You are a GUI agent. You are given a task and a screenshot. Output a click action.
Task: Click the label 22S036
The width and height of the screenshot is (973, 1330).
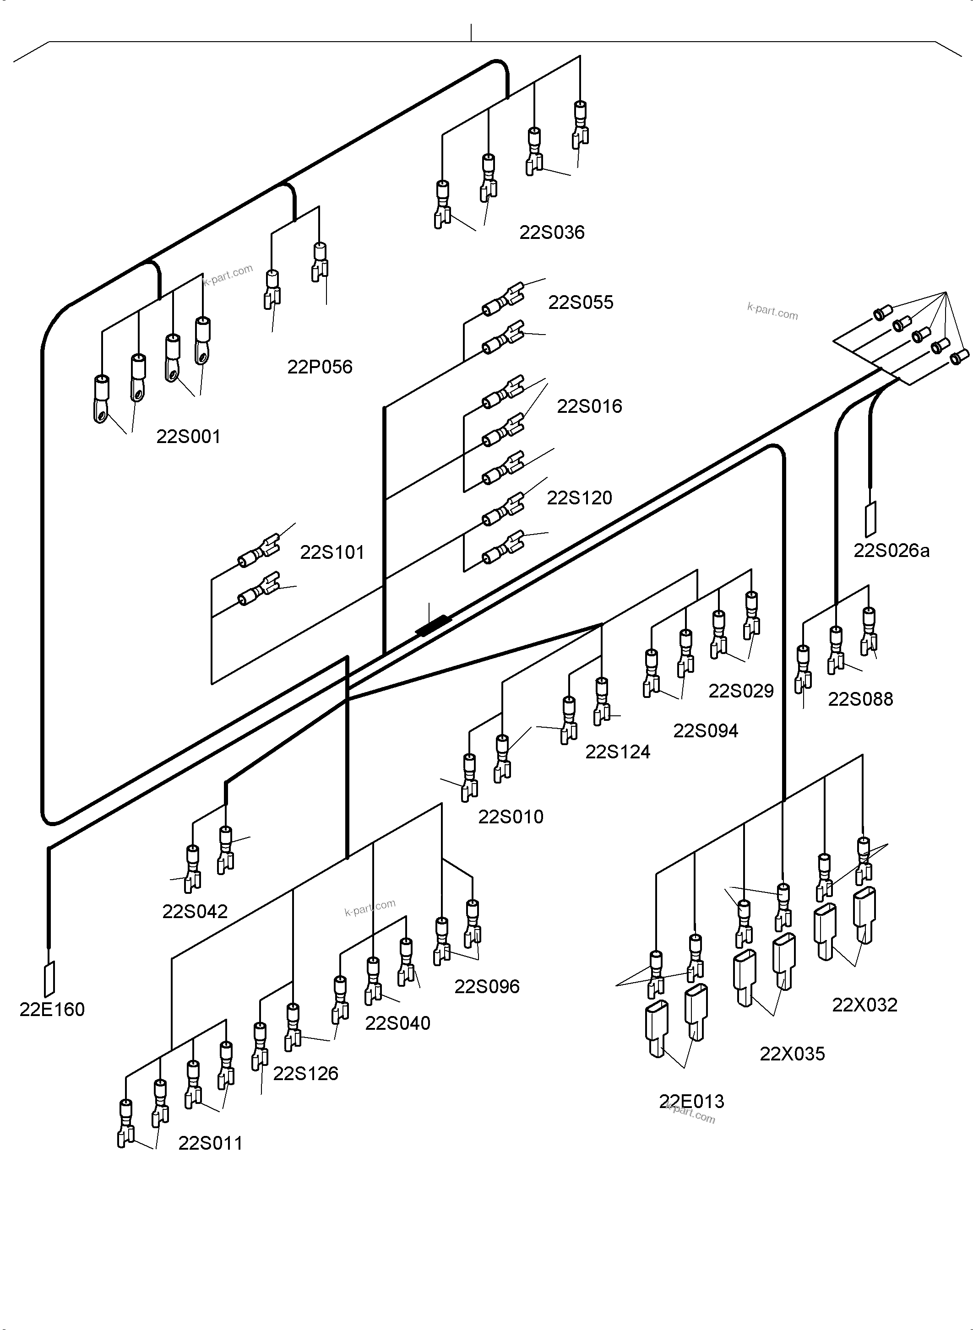[x=552, y=232]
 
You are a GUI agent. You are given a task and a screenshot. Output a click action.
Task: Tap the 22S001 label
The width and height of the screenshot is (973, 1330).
[x=189, y=437]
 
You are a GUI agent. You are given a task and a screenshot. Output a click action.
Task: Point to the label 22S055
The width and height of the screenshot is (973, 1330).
[x=581, y=303]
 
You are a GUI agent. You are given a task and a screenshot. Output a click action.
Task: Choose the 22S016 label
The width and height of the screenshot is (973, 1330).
[x=590, y=406]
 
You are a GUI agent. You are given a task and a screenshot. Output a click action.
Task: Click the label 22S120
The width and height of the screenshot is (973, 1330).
[x=580, y=498]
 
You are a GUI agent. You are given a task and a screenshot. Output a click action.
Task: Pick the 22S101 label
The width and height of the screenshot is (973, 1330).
[x=332, y=553]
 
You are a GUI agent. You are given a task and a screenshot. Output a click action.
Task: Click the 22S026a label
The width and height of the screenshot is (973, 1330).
[x=891, y=551]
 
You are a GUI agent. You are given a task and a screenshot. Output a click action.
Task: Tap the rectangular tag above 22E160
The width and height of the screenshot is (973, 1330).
[x=49, y=979]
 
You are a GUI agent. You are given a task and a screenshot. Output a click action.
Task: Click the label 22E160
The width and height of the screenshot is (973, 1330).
[x=52, y=1010]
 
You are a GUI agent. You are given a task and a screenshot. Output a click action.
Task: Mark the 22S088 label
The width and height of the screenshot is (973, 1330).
[x=860, y=699]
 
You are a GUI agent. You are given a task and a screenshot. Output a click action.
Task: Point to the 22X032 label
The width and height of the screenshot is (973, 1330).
[x=864, y=1005]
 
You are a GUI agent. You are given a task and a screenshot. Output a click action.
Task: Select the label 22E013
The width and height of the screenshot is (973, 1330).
[x=691, y=1102]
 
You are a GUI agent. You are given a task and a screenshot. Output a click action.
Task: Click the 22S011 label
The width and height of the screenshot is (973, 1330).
[x=210, y=1143]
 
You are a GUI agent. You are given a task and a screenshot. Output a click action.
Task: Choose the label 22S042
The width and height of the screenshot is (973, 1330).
[x=195, y=911]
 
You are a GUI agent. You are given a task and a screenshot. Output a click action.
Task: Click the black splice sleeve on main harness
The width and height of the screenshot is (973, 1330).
[x=434, y=625]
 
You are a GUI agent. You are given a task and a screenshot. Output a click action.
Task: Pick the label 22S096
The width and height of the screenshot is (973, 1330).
[x=487, y=986]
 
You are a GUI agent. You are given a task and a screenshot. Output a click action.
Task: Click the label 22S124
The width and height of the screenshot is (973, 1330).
[x=618, y=752]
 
